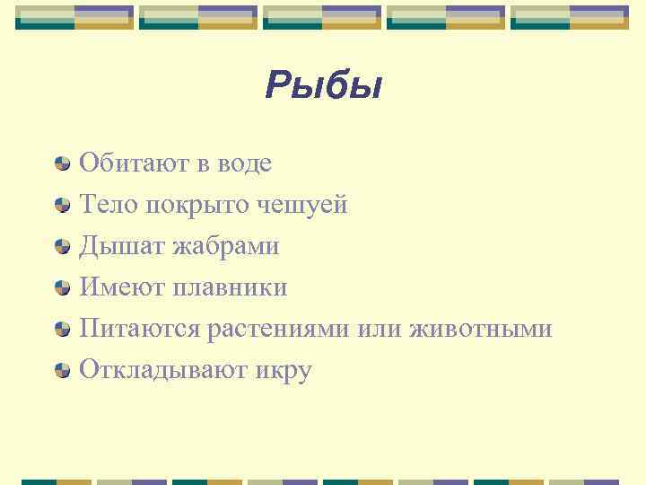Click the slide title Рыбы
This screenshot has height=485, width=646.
(x=324, y=87)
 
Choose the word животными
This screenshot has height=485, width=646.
(x=480, y=329)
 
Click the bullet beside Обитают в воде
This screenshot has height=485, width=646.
(x=63, y=163)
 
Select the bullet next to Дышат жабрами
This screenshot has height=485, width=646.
(x=63, y=246)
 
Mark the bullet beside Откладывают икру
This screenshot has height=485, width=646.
(x=63, y=370)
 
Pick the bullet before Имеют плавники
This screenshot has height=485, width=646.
(x=63, y=287)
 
